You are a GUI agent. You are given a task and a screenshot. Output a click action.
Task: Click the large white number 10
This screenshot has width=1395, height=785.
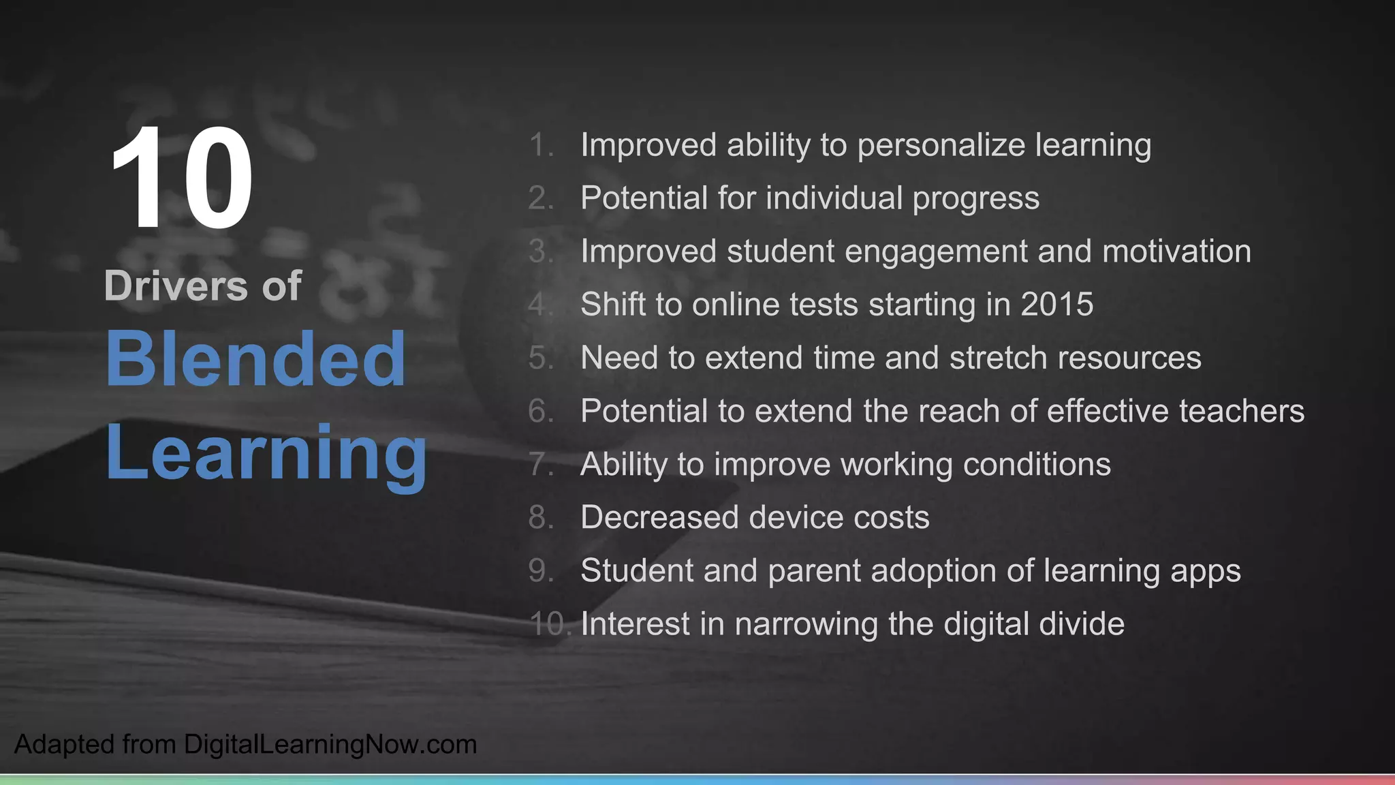pyautogui.click(x=182, y=179)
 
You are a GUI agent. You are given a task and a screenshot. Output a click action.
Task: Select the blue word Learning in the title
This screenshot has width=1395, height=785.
pyautogui.click(x=266, y=453)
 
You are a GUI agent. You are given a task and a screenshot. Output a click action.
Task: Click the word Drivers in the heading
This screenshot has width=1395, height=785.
pyautogui.click(x=176, y=286)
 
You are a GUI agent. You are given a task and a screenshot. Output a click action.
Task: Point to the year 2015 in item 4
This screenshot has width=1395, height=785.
pyautogui.click(x=1056, y=305)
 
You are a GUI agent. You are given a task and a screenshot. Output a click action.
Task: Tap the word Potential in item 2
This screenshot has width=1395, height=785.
pyautogui.click(x=644, y=198)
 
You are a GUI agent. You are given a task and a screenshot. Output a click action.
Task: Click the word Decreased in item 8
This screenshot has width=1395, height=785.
pyautogui.click(x=655, y=517)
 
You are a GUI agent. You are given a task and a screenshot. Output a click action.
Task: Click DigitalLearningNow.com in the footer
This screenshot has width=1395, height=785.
pyautogui.click(x=330, y=744)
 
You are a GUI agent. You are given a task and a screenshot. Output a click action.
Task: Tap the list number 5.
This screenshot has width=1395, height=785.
pyautogui.click(x=539, y=358)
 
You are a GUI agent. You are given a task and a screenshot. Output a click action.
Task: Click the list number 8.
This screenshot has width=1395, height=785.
pyautogui.click(x=539, y=517)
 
